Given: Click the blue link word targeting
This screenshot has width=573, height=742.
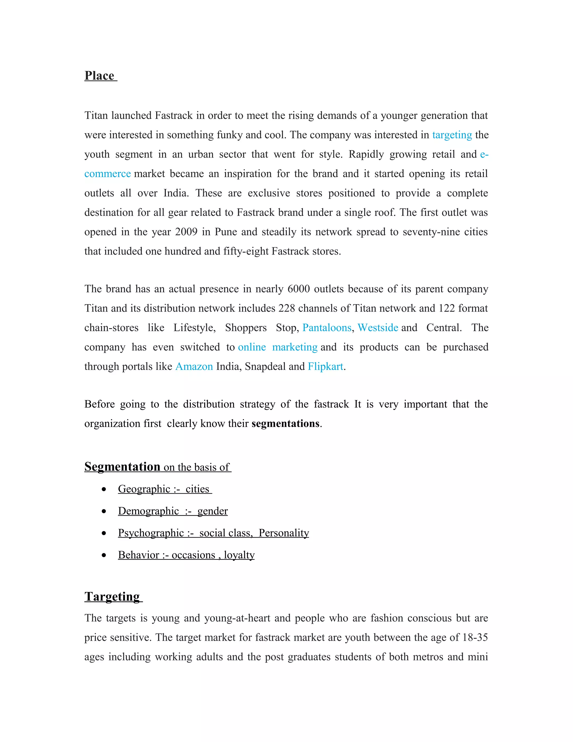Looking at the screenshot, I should (452, 135).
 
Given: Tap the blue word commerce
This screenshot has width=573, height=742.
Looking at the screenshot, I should (107, 174).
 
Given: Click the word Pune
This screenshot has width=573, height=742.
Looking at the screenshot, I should (226, 232).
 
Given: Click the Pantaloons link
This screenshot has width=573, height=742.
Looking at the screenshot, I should (327, 328).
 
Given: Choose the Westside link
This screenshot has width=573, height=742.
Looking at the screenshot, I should (377, 328).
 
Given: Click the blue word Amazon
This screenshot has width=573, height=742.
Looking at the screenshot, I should (194, 366).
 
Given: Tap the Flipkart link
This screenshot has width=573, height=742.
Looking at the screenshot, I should (325, 366).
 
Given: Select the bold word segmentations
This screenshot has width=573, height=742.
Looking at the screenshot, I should (285, 423).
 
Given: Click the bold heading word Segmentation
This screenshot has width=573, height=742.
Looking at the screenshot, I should (122, 466).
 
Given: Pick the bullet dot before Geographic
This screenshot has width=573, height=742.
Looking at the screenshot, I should (104, 489).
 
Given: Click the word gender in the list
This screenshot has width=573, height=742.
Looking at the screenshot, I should (213, 511).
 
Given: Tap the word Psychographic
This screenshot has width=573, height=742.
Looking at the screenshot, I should (151, 533).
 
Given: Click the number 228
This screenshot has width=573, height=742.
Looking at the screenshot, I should (286, 308).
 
